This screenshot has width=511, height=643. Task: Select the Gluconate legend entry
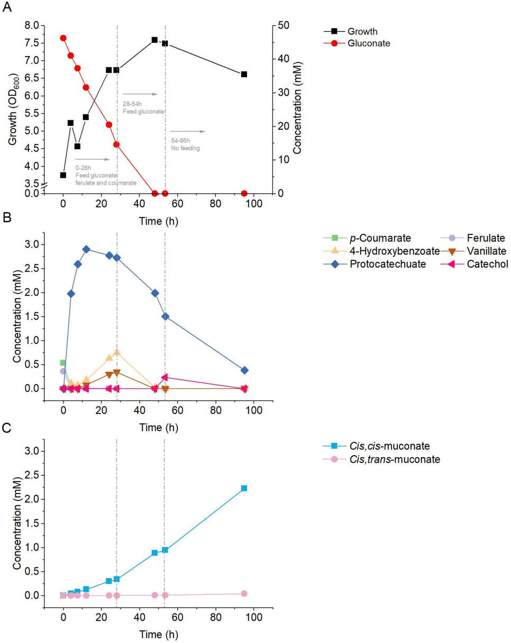click(370, 44)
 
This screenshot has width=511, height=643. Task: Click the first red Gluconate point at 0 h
click(63, 38)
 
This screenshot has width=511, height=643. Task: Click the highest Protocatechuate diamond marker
click(86, 249)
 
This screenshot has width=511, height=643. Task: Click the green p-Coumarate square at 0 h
click(63, 363)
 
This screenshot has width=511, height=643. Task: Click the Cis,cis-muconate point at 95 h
click(244, 488)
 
